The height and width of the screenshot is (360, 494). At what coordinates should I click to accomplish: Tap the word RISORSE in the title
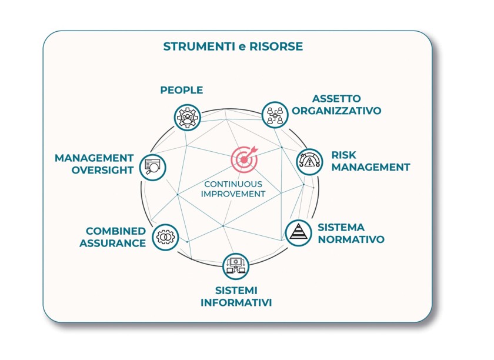pyautogui.click(x=276, y=46)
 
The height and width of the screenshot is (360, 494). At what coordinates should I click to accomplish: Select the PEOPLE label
pyautogui.click(x=182, y=90)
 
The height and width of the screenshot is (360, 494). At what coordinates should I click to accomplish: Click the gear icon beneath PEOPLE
pyautogui.click(x=188, y=117)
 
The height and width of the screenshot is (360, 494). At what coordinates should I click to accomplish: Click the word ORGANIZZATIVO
pyautogui.click(x=346, y=111)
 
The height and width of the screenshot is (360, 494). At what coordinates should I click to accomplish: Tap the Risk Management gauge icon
pyautogui.click(x=308, y=161)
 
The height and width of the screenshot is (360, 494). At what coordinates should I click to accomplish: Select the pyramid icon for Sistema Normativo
pyautogui.click(x=298, y=232)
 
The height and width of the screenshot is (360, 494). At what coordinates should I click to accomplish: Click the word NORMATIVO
pyautogui.click(x=351, y=239)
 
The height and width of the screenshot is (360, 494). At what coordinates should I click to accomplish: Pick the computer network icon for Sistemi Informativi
pyautogui.click(x=236, y=266)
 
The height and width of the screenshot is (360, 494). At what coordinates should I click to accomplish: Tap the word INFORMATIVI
pyautogui.click(x=236, y=303)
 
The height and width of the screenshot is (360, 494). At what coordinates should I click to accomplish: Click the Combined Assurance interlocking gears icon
pyautogui.click(x=165, y=237)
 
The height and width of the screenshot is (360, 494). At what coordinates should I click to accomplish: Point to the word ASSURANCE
pyautogui.click(x=113, y=243)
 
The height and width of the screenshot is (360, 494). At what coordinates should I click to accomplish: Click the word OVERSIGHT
pyautogui.click(x=104, y=171)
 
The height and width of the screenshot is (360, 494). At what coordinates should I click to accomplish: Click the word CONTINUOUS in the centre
pyautogui.click(x=233, y=184)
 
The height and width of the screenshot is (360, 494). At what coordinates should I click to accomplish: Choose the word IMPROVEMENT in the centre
pyautogui.click(x=233, y=194)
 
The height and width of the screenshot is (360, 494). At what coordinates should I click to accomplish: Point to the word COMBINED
pyautogui.click(x=116, y=231)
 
